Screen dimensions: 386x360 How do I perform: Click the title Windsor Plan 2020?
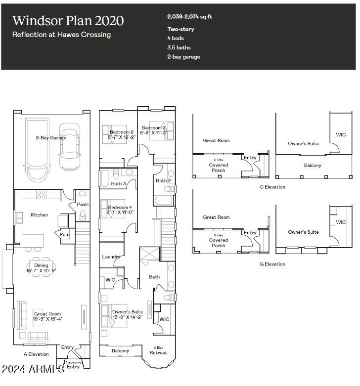pyautogui.click(x=68, y=21)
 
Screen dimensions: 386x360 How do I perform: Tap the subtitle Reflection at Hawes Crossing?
pyautogui.click(x=61, y=35)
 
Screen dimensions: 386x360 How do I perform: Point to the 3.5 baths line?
pyautogui.click(x=179, y=47)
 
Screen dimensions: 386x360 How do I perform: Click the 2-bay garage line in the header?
pyautogui.click(x=183, y=57)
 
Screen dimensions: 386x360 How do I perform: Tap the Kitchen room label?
pyautogui.click(x=40, y=215)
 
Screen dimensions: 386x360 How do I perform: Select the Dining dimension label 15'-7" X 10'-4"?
pyautogui.click(x=41, y=271)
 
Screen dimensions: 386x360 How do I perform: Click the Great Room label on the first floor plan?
pyautogui.click(x=47, y=314)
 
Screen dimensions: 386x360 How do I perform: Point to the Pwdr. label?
pyautogui.click(x=83, y=204)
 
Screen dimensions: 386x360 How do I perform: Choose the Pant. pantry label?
pyautogui.click(x=65, y=235)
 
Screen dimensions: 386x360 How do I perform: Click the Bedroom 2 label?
pyautogui.click(x=122, y=132)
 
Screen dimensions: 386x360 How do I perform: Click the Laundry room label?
pyautogui.click(x=111, y=257)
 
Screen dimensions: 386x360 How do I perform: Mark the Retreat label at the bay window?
pyautogui.click(x=158, y=352)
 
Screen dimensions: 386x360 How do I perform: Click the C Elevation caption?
pyautogui.click(x=272, y=187)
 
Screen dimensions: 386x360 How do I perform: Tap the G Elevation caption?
pyautogui.click(x=272, y=264)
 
